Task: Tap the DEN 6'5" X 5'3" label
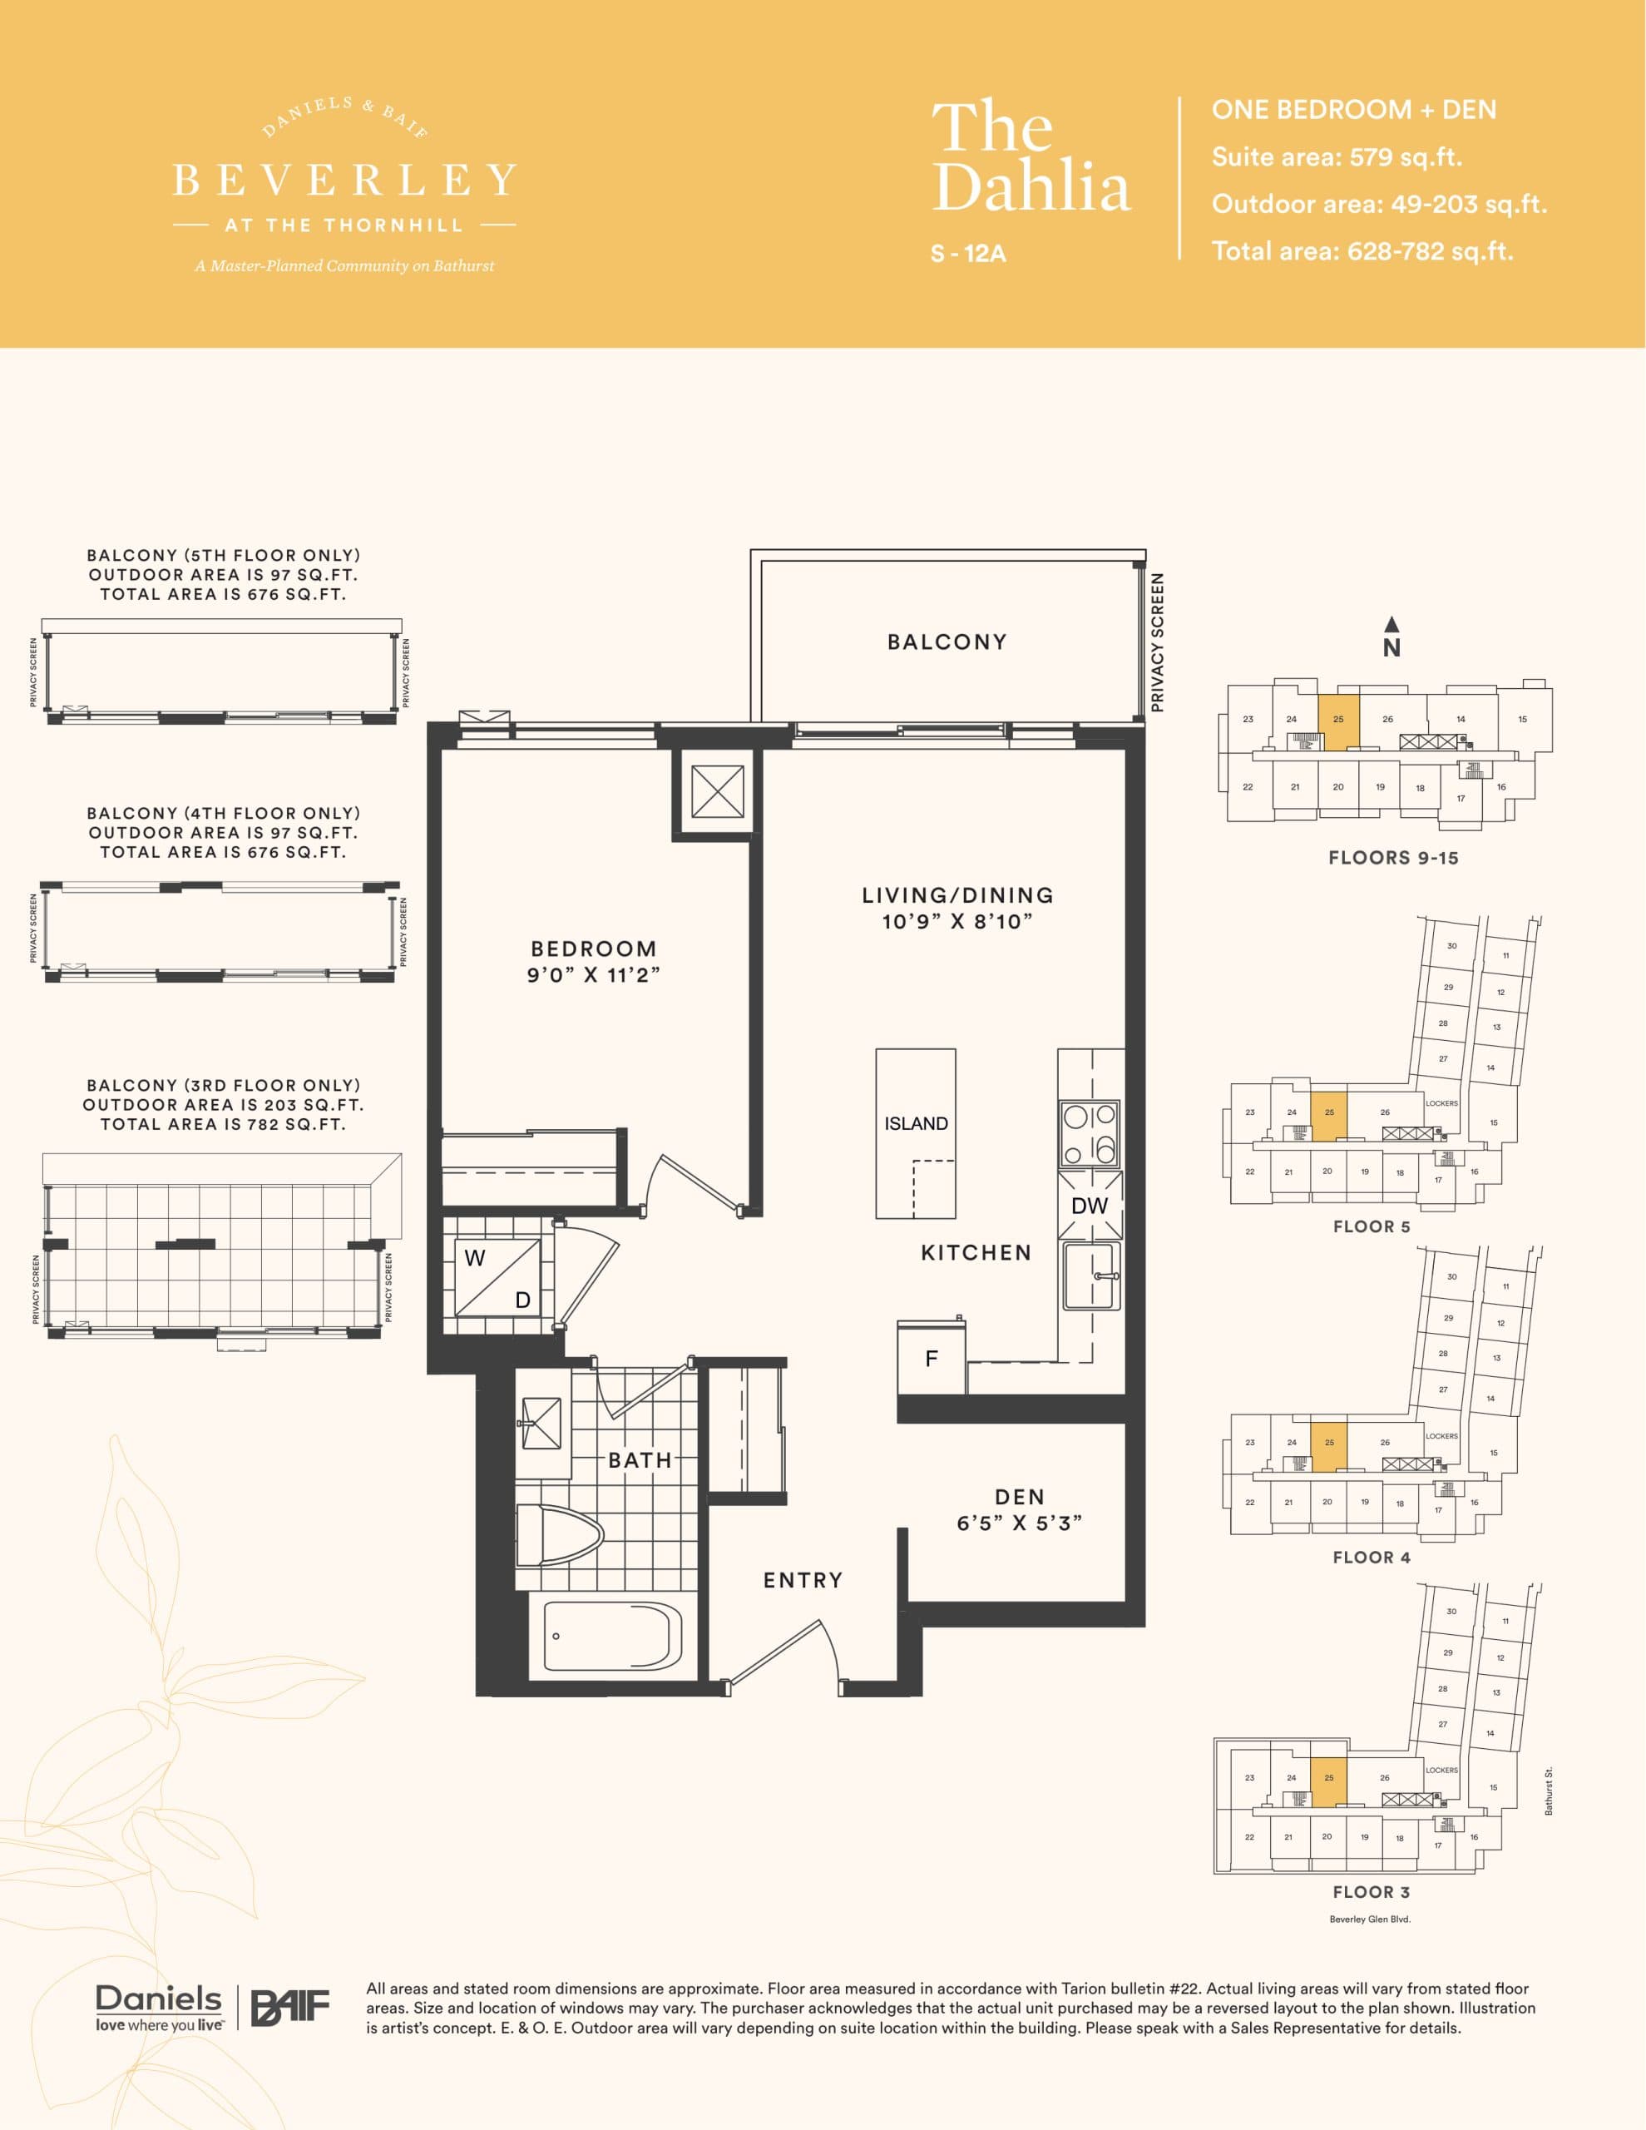1019,1510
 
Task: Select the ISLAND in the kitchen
915,1132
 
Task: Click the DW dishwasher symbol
1090,1206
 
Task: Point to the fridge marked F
932,1359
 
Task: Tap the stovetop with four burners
1090,1133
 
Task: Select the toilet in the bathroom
556,1535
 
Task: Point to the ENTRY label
803,1580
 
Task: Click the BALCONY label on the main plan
947,641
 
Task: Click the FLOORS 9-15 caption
1392,859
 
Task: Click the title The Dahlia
1030,156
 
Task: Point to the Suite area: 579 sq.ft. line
1336,157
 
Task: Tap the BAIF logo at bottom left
290,2007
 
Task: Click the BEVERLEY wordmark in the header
344,181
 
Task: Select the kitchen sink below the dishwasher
1090,1276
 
